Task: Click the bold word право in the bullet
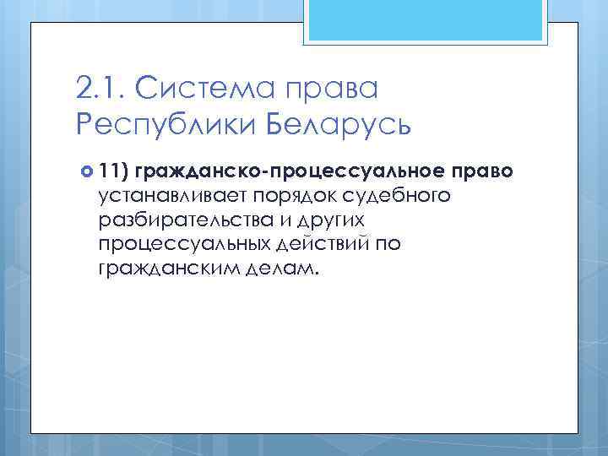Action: pyautogui.click(x=482, y=172)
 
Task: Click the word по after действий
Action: pyautogui.click(x=390, y=245)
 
